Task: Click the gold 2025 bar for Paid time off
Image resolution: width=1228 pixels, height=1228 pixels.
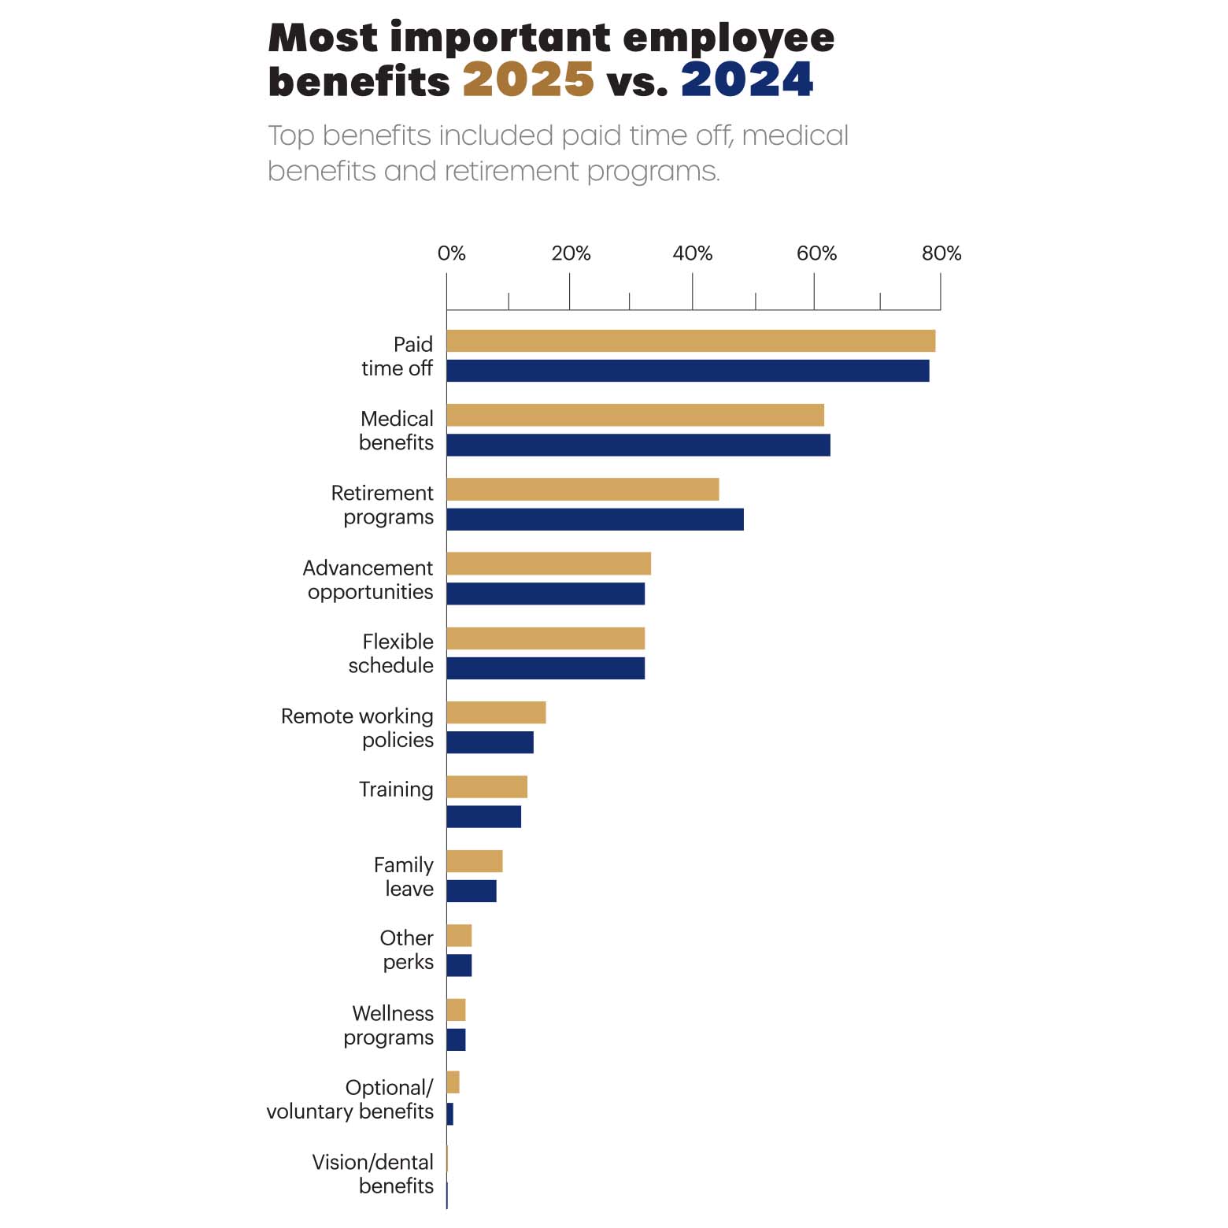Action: tap(690, 341)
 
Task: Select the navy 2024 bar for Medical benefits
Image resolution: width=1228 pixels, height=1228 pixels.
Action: tap(638, 445)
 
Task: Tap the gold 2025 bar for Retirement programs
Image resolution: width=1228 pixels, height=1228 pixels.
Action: tap(583, 489)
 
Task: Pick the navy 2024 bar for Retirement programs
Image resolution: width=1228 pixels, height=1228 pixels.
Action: tap(594, 520)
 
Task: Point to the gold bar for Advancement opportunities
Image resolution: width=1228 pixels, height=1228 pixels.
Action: tap(549, 564)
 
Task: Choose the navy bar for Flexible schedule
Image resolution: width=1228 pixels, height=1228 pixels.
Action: tap(546, 668)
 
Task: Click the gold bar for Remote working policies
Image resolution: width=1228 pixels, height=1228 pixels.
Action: tap(496, 712)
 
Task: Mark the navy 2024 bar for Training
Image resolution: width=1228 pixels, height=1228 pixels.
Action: tap(483, 817)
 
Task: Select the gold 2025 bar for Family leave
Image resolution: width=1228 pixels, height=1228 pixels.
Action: tap(474, 861)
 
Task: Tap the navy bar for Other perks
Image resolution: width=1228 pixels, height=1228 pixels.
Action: tap(459, 965)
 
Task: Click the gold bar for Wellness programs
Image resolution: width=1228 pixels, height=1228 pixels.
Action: tap(456, 1010)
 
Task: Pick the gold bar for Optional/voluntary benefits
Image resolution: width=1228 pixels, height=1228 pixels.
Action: tap(453, 1082)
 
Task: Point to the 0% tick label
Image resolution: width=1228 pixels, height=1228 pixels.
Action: tap(451, 253)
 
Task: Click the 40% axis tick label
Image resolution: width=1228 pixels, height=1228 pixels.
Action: tap(693, 253)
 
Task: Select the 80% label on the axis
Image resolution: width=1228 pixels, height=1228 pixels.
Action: tap(941, 253)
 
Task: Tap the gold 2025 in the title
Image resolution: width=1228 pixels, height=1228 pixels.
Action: tap(528, 80)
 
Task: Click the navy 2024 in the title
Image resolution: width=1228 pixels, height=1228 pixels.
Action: tap(747, 80)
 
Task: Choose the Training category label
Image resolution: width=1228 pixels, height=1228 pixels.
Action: tap(396, 790)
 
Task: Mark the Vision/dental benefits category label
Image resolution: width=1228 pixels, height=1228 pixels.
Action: tap(372, 1174)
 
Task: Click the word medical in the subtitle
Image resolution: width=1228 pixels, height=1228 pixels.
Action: tap(795, 135)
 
